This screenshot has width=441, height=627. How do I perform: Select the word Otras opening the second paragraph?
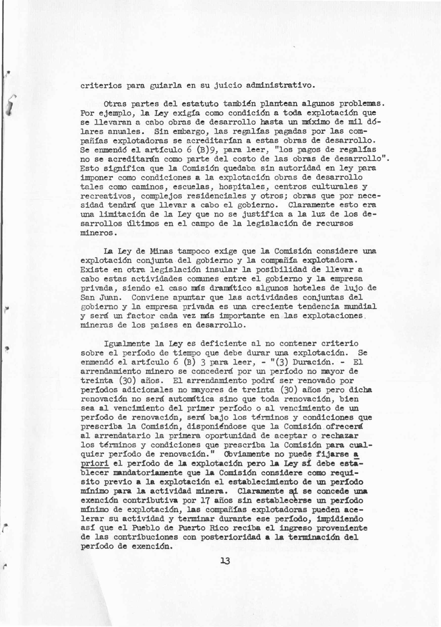click(x=115, y=104)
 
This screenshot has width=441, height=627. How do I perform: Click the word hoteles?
click(x=310, y=288)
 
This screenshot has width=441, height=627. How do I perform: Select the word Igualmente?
click(x=127, y=343)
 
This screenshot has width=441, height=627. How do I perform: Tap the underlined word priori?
click(x=95, y=463)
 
